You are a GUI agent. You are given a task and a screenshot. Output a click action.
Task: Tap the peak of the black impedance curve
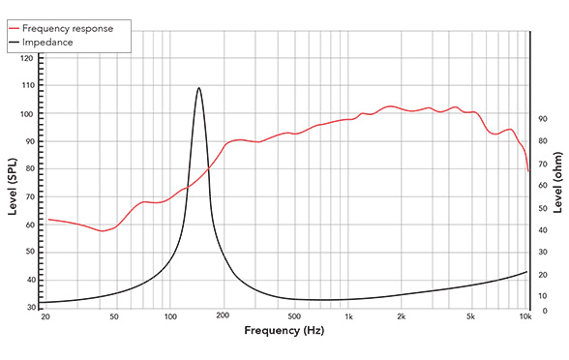[199, 88]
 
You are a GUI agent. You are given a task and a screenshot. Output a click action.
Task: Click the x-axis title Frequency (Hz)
[284, 331]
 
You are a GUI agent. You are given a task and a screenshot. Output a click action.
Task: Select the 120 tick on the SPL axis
[26, 59]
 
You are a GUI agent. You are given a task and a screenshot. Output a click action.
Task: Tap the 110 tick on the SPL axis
[26, 86]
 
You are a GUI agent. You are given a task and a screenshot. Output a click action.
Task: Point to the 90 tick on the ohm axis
[544, 119]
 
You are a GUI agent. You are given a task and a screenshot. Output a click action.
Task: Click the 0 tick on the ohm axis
[542, 312]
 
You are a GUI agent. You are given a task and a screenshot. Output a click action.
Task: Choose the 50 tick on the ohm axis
[544, 207]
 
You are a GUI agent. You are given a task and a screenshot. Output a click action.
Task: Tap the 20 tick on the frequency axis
[45, 317]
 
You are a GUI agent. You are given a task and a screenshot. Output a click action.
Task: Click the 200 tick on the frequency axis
[223, 317]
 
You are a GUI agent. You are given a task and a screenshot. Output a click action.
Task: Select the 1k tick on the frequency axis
[348, 317]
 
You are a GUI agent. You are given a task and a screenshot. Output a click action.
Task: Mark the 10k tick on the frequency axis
[525, 317]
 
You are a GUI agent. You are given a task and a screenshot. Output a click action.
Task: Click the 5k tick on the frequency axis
[471, 317]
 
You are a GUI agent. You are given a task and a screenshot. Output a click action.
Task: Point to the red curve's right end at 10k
[528, 172]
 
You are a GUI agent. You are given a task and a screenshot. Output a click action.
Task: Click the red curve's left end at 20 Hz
[48, 220]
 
